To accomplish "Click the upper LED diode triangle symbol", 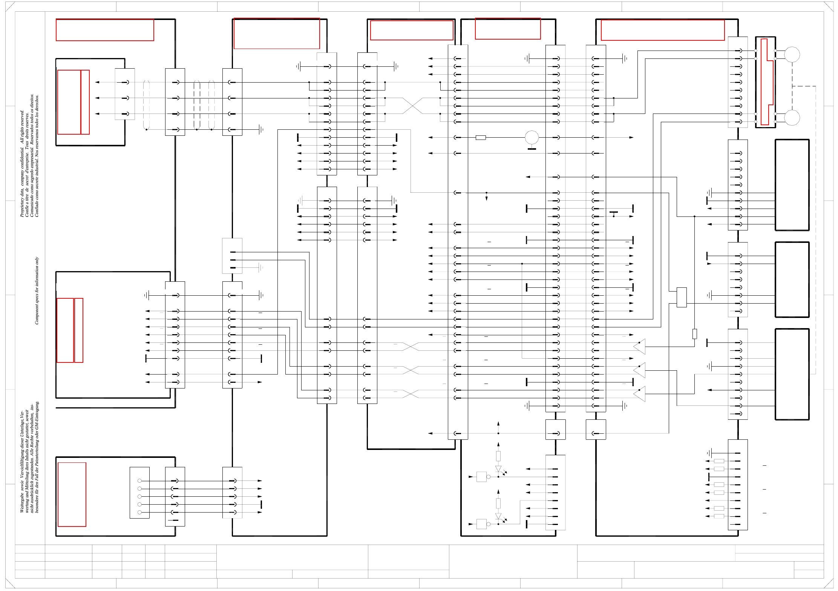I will (x=498, y=469).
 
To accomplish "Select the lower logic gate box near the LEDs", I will (x=481, y=524).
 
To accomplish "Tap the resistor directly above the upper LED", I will (x=498, y=456).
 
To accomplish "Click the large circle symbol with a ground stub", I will (x=532, y=138).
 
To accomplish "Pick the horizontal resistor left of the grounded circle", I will (x=481, y=138).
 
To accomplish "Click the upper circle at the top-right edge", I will (x=792, y=55).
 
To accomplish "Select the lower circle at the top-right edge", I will (x=792, y=118).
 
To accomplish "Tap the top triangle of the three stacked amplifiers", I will (x=640, y=347).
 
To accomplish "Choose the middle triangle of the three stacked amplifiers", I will (x=640, y=370).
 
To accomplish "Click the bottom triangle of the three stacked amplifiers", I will (x=640, y=394).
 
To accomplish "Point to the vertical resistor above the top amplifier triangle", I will (x=694, y=334).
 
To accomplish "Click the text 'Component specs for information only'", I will (x=37, y=290).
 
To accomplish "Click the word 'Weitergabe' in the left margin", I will (x=22, y=504).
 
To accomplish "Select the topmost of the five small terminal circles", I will (x=139, y=481).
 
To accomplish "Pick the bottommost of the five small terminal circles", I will (x=139, y=512).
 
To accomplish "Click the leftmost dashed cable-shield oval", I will (x=146, y=106).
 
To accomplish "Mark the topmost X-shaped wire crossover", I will (x=412, y=106).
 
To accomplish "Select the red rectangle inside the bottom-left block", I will (x=72, y=494).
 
